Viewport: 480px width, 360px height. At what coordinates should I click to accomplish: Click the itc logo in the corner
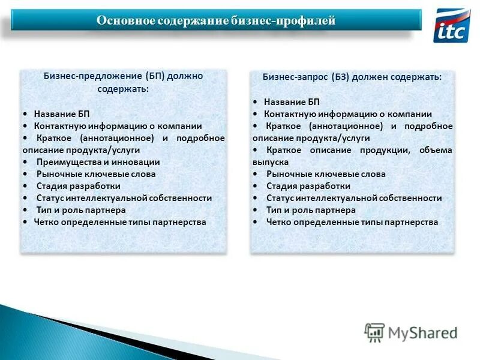451,25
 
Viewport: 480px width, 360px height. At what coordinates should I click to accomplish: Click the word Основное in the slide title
125,21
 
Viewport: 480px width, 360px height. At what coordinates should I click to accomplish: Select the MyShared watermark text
422,332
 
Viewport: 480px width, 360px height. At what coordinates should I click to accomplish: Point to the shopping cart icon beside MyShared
374,332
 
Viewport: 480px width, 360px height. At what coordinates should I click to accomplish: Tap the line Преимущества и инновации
98,162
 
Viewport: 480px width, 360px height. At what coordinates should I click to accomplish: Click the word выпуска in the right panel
270,162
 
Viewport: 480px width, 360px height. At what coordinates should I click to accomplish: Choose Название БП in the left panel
62,114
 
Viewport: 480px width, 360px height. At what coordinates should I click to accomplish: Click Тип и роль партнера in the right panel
311,210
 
